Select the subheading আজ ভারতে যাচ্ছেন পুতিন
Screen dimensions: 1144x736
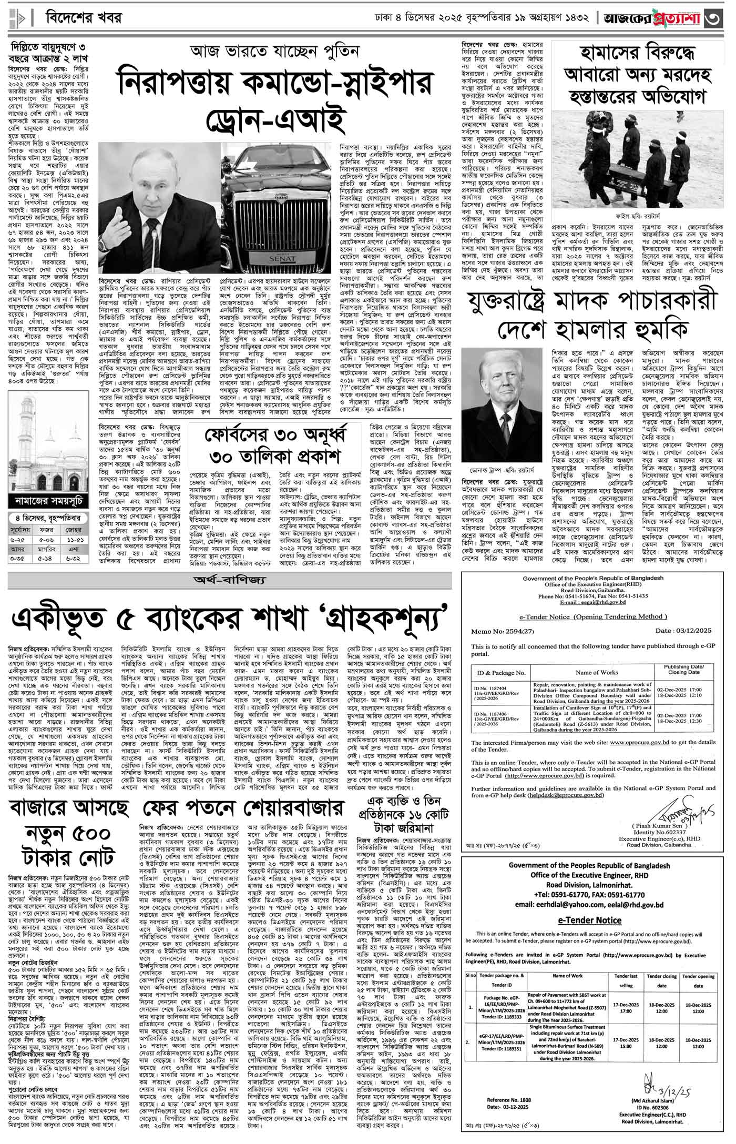[274, 52]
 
